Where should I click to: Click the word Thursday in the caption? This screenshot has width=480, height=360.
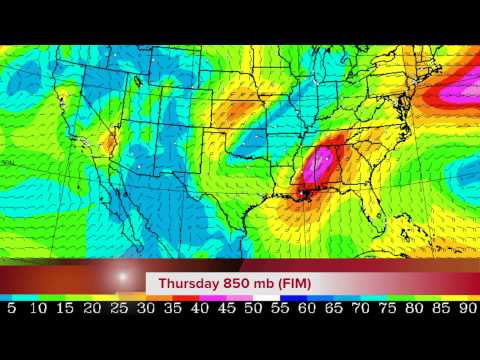coord(190,284)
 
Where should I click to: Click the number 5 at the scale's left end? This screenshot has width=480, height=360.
coord(11,309)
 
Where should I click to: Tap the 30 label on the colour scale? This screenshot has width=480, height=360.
coord(145,309)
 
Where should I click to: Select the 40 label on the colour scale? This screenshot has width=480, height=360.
coord(199,309)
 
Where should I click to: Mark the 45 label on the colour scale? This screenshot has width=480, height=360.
coord(226,309)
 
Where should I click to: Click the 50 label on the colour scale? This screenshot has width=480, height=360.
coord(253,309)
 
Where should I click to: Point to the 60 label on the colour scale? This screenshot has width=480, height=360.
coord(306,309)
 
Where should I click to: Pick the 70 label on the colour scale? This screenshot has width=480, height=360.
coord(360,309)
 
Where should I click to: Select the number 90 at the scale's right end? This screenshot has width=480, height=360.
coord(467,309)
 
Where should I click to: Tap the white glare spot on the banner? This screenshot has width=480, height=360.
coord(124,276)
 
